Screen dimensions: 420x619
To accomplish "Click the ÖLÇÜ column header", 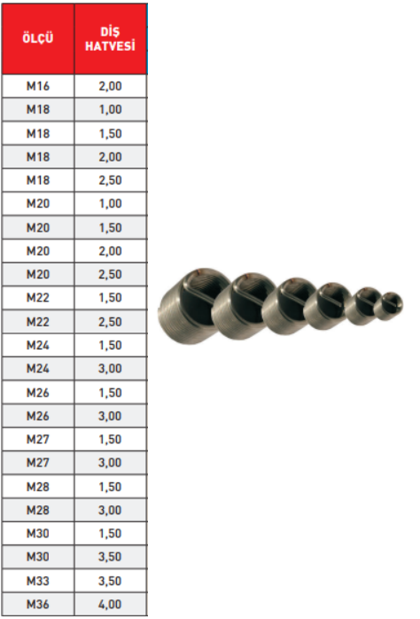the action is click(38, 38).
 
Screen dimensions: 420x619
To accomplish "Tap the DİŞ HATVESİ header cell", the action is click(110, 39).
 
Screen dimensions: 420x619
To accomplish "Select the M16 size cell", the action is click(38, 86).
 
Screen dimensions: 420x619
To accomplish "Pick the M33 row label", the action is click(38, 581).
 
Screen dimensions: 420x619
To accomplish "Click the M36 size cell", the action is click(38, 604).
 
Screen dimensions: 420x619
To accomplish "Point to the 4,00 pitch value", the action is click(110, 604).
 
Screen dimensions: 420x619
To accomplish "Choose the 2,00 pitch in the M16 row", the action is click(110, 86).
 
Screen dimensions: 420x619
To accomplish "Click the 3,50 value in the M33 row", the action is click(110, 581).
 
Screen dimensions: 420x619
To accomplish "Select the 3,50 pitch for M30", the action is click(110, 557).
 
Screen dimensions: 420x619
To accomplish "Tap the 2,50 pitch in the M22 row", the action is click(110, 321).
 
